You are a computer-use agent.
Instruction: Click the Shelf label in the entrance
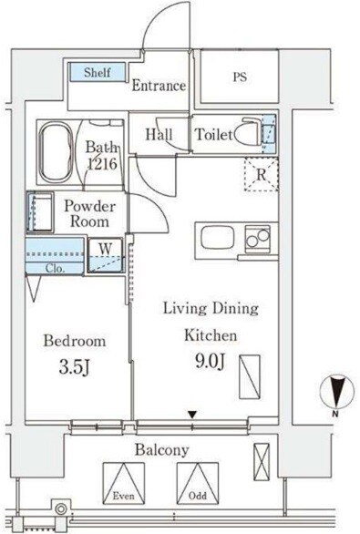pyautogui.click(x=98, y=72)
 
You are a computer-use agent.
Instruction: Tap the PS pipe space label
pyautogui.click(x=240, y=77)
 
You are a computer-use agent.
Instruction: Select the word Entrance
pyautogui.click(x=159, y=86)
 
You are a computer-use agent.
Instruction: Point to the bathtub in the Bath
pyautogui.click(x=56, y=152)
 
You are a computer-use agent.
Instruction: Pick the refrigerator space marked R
pyautogui.click(x=262, y=174)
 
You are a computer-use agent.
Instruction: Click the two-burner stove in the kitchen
pyautogui.click(x=258, y=239)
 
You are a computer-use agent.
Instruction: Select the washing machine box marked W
pyautogui.click(x=106, y=255)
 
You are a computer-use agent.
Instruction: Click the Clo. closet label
pyautogui.click(x=56, y=269)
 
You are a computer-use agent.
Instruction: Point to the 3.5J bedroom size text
pyautogui.click(x=75, y=367)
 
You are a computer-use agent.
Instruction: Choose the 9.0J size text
pyautogui.click(x=211, y=361)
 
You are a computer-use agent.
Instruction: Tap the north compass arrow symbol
pyautogui.click(x=336, y=391)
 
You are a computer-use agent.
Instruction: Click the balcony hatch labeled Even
pyautogui.click(x=124, y=484)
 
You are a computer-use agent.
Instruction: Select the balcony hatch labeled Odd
pyautogui.click(x=198, y=484)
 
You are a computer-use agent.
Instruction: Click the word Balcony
pyautogui.click(x=162, y=450)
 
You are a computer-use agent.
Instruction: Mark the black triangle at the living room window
pyautogui.click(x=193, y=415)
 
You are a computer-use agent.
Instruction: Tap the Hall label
pyautogui.click(x=159, y=135)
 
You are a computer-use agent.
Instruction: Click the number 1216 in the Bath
pyautogui.click(x=102, y=164)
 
